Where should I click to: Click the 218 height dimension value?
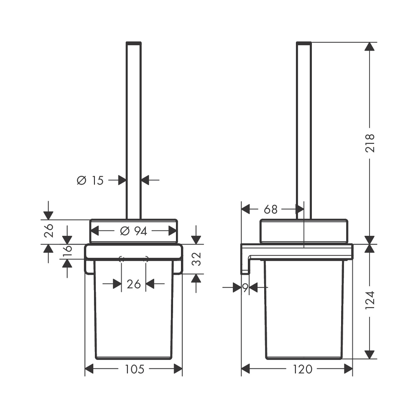pos(370,143)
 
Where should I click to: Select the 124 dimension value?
pos(370,300)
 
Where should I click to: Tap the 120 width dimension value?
pos(303,369)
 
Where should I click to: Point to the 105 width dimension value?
pos(134,369)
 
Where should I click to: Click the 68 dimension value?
pos(270,209)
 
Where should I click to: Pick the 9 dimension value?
pos(245,288)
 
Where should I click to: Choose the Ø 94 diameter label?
pos(133,231)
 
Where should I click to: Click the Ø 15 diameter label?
pos(90,181)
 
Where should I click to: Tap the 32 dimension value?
pos(197,259)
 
